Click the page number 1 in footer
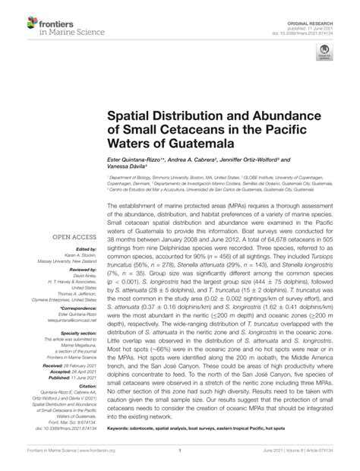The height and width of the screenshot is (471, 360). click(x=180, y=450)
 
